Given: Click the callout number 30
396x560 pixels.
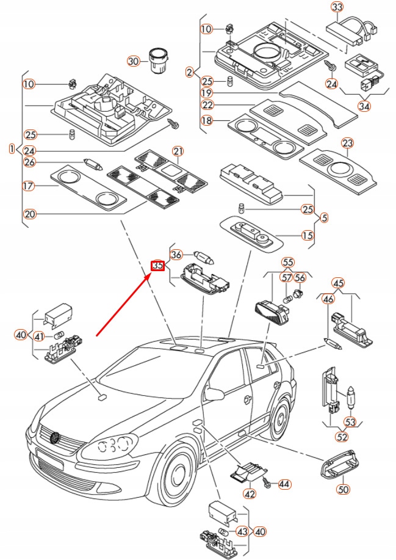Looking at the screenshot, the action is pyautogui.click(x=133, y=61).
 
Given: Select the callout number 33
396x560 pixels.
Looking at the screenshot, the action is pyautogui.click(x=337, y=7).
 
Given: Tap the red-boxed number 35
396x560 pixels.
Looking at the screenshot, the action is pyautogui.click(x=157, y=266).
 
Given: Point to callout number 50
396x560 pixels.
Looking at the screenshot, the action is pyautogui.click(x=343, y=489).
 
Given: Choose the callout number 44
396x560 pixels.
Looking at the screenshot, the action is pyautogui.click(x=284, y=484).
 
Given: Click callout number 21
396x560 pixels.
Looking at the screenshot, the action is pyautogui.click(x=178, y=151).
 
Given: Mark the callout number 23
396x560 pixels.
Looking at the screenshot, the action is pyautogui.click(x=347, y=144).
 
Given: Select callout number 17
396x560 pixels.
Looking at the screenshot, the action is pyautogui.click(x=29, y=186).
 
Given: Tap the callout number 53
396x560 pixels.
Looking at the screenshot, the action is pyautogui.click(x=350, y=422).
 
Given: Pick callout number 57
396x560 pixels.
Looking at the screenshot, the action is pyautogui.click(x=287, y=277).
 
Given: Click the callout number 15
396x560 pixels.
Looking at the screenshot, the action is pyautogui.click(x=307, y=235).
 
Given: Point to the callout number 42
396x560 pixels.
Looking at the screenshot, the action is pyautogui.click(x=250, y=494).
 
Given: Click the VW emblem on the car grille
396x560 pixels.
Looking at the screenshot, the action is pyautogui.click(x=54, y=437).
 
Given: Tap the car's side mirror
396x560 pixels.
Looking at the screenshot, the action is pyautogui.click(x=214, y=393).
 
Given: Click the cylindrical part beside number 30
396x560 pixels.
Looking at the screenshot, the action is pyautogui.click(x=157, y=60).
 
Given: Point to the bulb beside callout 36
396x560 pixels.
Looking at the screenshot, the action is pyautogui.click(x=204, y=257).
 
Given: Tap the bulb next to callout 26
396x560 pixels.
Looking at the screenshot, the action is pyautogui.click(x=93, y=164).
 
